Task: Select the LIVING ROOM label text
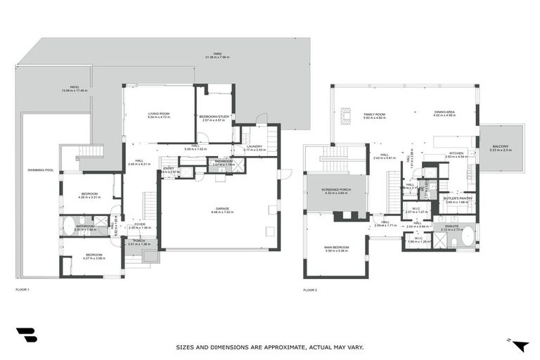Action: (x=159, y=115)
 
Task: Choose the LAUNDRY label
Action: (x=254, y=147)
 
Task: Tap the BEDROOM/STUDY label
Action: (x=214, y=117)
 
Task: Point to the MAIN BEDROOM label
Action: (x=335, y=247)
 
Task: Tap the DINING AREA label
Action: (x=444, y=112)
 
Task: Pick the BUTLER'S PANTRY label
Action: (x=456, y=199)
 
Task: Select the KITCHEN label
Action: (x=456, y=153)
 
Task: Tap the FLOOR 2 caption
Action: (x=310, y=289)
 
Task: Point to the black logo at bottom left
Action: (x=26, y=335)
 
